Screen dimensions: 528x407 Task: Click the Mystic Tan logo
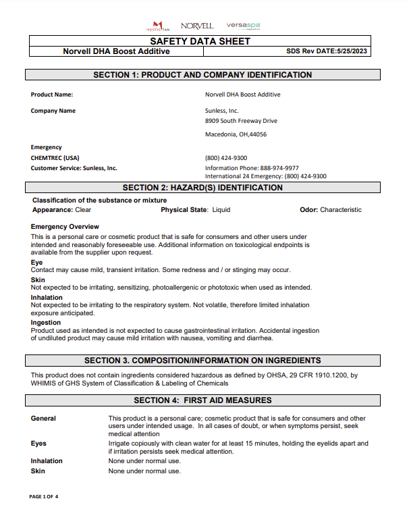click(x=158, y=26)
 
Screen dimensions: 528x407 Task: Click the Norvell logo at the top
click(x=197, y=26)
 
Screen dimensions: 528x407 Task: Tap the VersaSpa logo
click(x=244, y=26)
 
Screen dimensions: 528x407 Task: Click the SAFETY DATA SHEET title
click(x=200, y=41)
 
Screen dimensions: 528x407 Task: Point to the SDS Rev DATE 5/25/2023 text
click(x=327, y=51)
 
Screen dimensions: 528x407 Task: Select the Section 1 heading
click(x=202, y=75)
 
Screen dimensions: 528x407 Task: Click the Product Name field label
click(x=51, y=95)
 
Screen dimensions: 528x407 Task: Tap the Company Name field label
click(x=53, y=111)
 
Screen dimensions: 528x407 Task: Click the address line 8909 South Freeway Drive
click(x=241, y=121)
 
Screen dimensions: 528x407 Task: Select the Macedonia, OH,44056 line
click(x=236, y=134)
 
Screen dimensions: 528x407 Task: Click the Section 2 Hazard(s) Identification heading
click(x=202, y=188)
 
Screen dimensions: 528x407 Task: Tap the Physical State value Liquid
click(x=221, y=210)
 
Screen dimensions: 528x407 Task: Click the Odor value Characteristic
click(x=340, y=210)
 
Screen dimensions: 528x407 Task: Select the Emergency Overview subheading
click(x=65, y=227)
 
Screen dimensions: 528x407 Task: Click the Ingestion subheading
click(x=46, y=323)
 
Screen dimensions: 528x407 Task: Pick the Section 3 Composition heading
click(x=202, y=361)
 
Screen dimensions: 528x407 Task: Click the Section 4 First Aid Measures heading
click(x=202, y=400)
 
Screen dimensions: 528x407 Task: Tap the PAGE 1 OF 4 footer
click(x=44, y=496)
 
